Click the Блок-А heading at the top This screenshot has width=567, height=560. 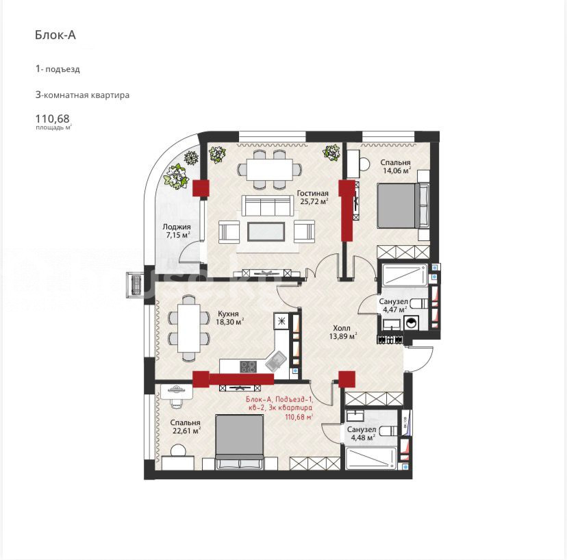[55, 35]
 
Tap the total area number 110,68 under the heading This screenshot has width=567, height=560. [53, 118]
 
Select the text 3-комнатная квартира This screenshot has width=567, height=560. [82, 95]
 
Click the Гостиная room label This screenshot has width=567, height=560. [312, 194]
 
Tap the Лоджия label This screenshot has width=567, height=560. [177, 227]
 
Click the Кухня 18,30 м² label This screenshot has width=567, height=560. [229, 318]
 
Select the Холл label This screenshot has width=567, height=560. [342, 328]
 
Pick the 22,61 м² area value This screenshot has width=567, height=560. [187, 431]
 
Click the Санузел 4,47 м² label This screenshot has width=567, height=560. [394, 305]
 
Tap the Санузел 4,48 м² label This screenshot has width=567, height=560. [362, 433]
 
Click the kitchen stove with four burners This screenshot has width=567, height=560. [248, 366]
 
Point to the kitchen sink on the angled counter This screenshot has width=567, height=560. [276, 361]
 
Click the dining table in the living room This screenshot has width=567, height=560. [270, 170]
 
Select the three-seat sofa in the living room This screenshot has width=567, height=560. [268, 205]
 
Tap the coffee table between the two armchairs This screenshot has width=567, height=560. [266, 232]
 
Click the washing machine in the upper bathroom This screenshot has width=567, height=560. [411, 322]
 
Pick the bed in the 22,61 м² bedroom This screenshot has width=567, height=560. [240, 442]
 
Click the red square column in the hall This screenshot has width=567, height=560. [346, 379]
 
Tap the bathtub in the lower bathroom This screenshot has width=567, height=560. [371, 459]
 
